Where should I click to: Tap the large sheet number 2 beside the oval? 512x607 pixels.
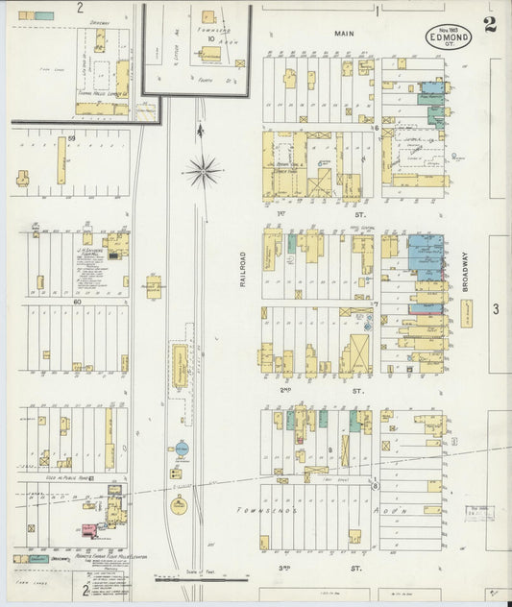pyautogui.click(x=490, y=25)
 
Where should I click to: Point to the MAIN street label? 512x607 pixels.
pyautogui.click(x=344, y=34)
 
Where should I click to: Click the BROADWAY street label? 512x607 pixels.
pyautogui.click(x=464, y=271)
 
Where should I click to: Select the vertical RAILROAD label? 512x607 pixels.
pyautogui.click(x=244, y=269)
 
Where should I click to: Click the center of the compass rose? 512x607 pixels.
pyautogui.click(x=203, y=172)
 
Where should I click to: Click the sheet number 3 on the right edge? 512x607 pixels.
pyautogui.click(x=496, y=308)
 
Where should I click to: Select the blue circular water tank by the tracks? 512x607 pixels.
pyautogui.click(x=182, y=449)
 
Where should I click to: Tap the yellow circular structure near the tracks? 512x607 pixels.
pyautogui.click(x=180, y=505)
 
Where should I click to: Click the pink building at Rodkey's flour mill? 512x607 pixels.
pyautogui.click(x=88, y=529)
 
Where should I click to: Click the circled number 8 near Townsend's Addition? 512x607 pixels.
pyautogui.click(x=375, y=487)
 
